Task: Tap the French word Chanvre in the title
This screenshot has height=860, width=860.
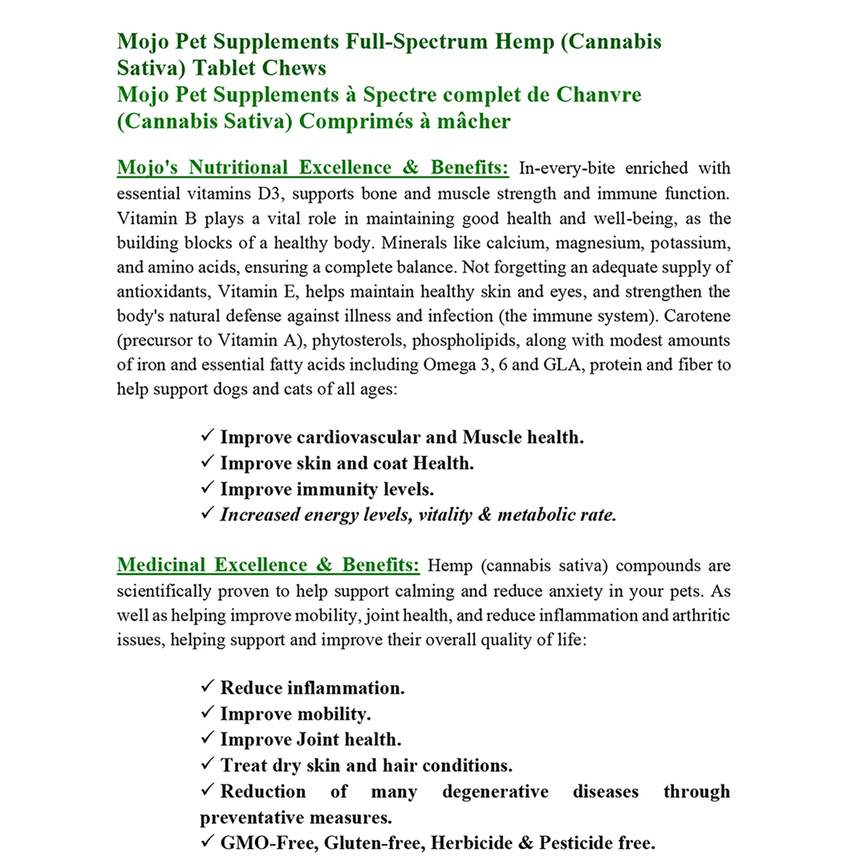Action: pos(598,95)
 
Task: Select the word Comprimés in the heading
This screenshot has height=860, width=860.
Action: pos(356,121)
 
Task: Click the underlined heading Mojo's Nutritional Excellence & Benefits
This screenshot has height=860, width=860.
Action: pos(313,168)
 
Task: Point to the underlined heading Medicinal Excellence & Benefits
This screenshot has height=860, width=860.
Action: pos(268,565)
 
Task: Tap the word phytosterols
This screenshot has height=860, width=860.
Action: pos(357,340)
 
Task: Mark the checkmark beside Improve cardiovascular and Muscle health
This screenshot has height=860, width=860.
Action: pos(208,436)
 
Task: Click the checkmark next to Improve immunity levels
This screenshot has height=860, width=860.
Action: pos(208,488)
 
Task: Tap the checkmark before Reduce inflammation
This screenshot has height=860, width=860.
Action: pos(208,686)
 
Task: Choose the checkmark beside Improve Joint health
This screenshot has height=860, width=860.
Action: pos(208,738)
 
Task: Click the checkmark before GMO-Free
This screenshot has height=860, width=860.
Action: pos(208,841)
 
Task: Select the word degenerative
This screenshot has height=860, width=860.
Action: pos(495,792)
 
